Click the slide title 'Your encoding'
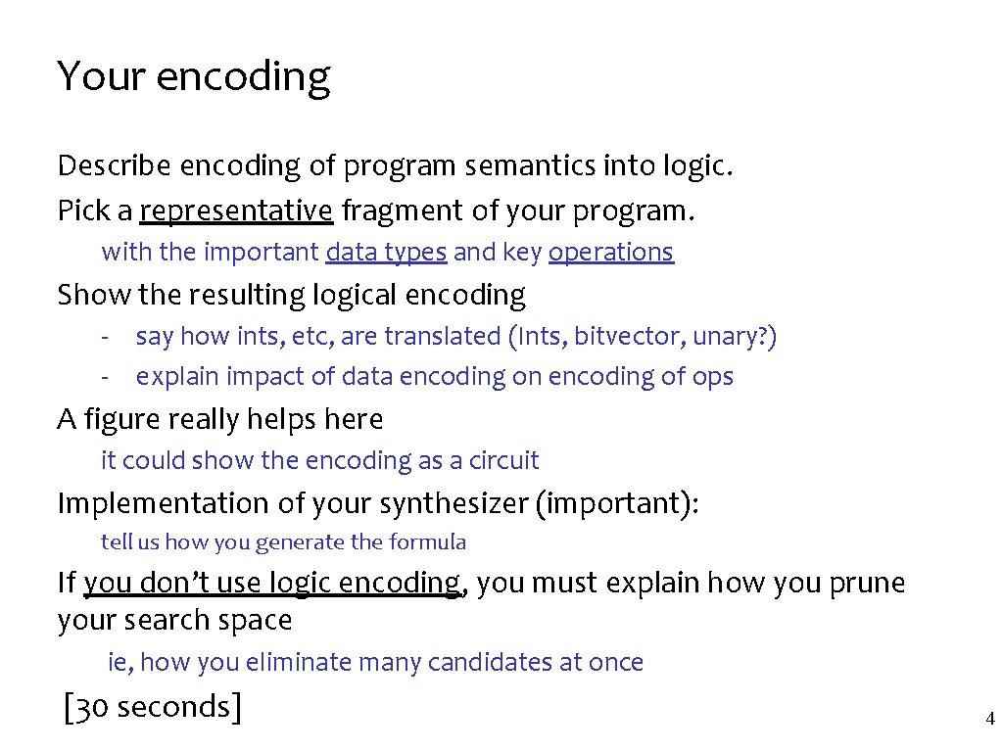click(x=194, y=77)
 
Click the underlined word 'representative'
click(x=236, y=211)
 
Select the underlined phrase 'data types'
click(x=386, y=253)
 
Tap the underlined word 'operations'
click(x=611, y=253)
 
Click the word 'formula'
click(x=428, y=542)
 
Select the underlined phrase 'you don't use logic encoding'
click(x=271, y=584)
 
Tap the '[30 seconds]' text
click(x=152, y=706)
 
